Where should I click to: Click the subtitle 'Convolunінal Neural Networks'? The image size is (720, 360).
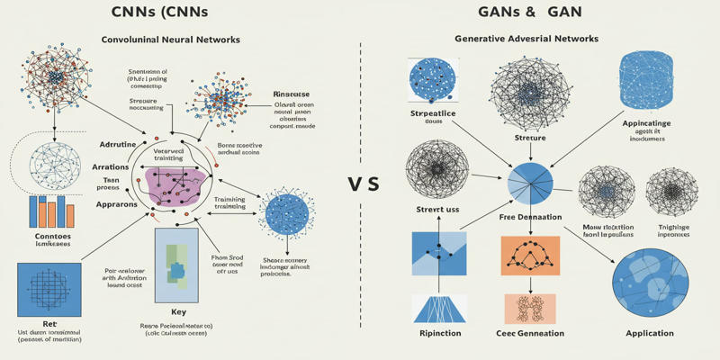(170, 40)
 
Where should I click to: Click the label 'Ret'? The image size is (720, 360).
(50, 323)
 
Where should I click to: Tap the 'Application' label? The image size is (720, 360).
(649, 333)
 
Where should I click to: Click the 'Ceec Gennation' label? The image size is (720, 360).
(530, 333)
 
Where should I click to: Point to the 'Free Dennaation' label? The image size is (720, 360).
(530, 217)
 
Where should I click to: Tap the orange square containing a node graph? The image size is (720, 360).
(530, 256)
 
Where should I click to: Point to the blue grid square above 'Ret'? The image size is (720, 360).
(49, 288)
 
